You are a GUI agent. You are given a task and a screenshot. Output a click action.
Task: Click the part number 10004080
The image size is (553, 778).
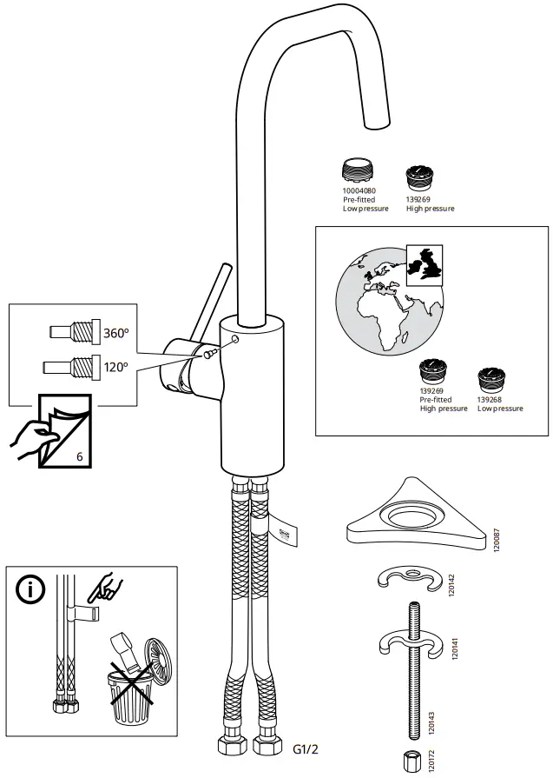coord(359,190)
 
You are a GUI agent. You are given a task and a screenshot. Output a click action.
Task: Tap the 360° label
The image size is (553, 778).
coord(115,332)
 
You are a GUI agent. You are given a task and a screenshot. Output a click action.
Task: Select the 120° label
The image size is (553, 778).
coord(115,367)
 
